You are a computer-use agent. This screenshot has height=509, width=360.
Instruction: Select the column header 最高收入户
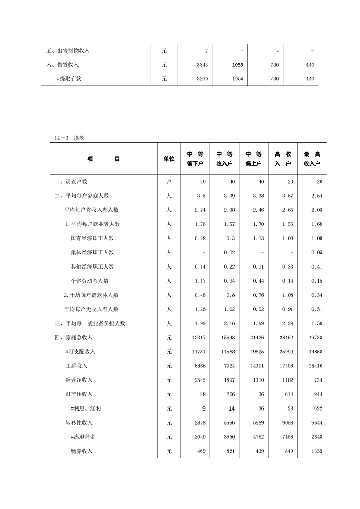click(x=312, y=158)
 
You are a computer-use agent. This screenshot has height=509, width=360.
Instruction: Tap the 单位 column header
click(x=169, y=159)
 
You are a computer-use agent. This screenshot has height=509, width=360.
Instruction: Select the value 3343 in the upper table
click(x=202, y=65)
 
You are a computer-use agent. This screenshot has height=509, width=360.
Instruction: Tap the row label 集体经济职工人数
click(x=92, y=253)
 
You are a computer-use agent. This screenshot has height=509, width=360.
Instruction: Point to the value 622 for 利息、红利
click(x=317, y=409)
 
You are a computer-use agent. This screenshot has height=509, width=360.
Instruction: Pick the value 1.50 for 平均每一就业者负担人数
click(x=316, y=323)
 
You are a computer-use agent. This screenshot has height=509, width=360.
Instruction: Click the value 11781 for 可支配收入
click(x=199, y=352)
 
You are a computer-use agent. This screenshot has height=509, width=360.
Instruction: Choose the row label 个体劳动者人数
click(x=89, y=281)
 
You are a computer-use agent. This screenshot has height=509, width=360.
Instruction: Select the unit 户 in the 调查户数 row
click(x=169, y=182)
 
